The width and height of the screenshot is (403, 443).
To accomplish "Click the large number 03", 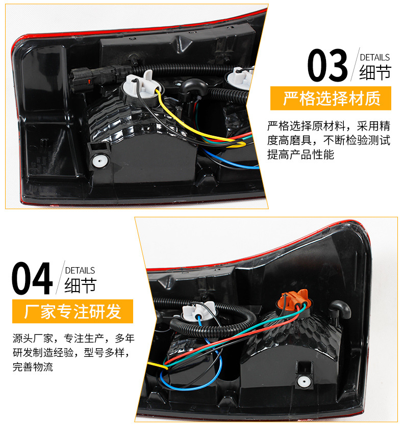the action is pos(327,65).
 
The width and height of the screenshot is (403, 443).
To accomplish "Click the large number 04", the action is pos(32,278).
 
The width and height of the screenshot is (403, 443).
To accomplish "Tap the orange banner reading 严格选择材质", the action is pos(331,98).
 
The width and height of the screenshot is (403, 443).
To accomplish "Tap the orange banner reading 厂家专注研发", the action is pos(72,311).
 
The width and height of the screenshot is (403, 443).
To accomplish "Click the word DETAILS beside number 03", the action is pos(375,58).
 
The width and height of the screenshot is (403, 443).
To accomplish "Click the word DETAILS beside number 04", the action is pos(80,270).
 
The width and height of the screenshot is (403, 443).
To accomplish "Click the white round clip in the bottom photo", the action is pos(304,382).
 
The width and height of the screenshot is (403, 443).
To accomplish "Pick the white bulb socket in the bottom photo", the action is pos(198,312).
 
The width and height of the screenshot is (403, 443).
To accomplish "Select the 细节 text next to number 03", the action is pos(375,72).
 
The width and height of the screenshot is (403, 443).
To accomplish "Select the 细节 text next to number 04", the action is pos(80,285).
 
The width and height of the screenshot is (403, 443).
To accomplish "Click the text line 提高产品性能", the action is pos(300,155).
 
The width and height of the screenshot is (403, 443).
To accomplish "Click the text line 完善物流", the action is pos(33,367).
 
